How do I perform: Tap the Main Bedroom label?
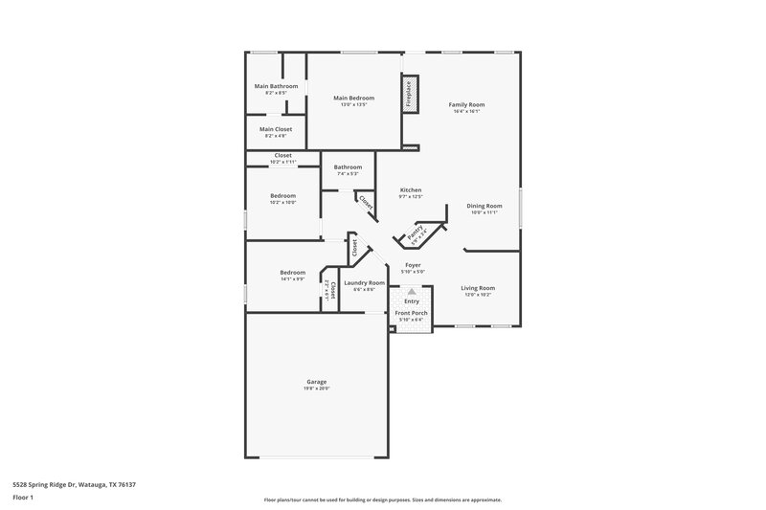(351, 98)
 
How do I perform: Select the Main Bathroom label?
(276, 86)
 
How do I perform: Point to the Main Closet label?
(276, 129)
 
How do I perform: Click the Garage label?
(317, 381)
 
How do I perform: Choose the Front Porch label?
(412, 313)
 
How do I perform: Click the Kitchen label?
(411, 189)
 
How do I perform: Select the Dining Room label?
(484, 206)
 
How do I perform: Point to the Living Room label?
(478, 287)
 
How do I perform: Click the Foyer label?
(413, 265)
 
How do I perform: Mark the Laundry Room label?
(364, 282)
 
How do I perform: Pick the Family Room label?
(466, 104)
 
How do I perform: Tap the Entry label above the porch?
(412, 301)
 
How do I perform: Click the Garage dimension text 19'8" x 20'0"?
(317, 388)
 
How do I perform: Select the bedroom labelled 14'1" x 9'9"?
(292, 272)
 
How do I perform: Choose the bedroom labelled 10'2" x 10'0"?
(282, 196)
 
